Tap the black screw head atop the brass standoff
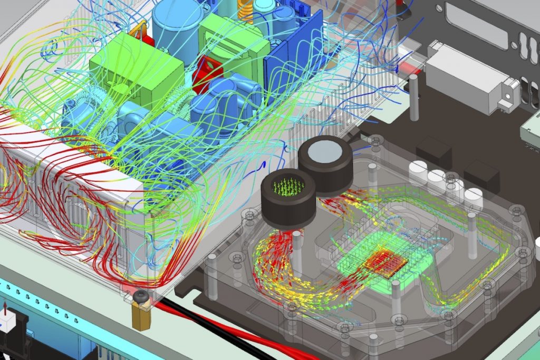[x=140, y=299]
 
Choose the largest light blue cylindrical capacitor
[x=178, y=24]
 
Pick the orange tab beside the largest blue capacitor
[x=138, y=32]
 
